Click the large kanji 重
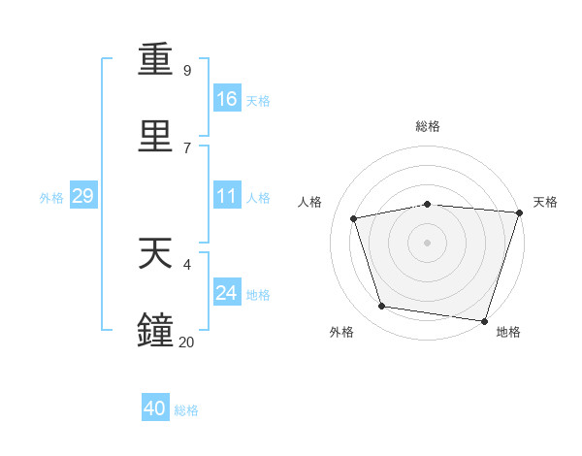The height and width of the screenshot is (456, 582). click(x=155, y=59)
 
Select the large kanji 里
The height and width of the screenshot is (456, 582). click(x=155, y=136)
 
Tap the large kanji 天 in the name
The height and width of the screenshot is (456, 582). click(x=155, y=253)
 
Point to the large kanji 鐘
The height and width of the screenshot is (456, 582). click(x=155, y=329)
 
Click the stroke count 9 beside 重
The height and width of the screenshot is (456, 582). click(x=187, y=70)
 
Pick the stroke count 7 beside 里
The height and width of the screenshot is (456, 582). click(x=187, y=148)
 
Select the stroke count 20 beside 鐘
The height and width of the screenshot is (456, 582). click(x=186, y=342)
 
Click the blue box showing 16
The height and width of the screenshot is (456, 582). click(x=227, y=98)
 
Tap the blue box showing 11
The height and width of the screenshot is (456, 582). click(x=227, y=195)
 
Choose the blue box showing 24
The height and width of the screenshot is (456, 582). click(x=227, y=291)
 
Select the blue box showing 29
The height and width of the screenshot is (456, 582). click(x=83, y=195)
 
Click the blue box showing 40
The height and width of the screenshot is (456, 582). click(x=155, y=407)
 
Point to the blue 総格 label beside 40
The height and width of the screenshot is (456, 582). click(x=186, y=410)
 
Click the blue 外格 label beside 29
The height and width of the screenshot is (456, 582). click(x=51, y=198)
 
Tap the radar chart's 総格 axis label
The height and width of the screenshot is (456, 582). click(x=428, y=126)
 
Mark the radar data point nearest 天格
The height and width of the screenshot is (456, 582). click(x=520, y=212)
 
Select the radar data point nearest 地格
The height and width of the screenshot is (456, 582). click(x=484, y=321)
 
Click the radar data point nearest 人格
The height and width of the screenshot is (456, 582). click(x=354, y=218)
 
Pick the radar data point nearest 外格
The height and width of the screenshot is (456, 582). click(x=381, y=306)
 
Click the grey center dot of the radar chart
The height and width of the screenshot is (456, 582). click(x=427, y=243)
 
